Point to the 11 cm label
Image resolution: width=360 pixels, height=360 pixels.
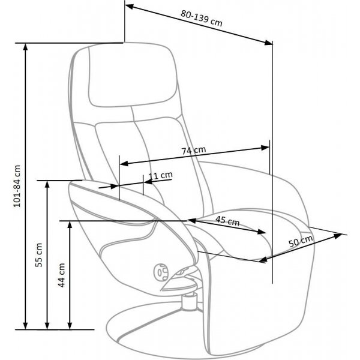click(x=160, y=175)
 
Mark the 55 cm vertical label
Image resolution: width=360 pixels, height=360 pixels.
click(x=39, y=255)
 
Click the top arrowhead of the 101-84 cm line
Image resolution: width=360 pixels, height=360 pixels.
click(x=25, y=47)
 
